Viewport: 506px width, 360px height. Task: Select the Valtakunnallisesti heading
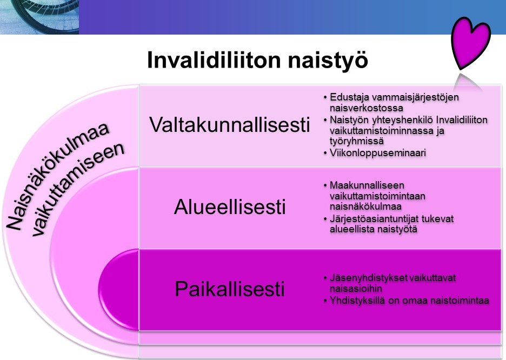point(230,125)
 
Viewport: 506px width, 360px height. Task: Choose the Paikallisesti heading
point(229,289)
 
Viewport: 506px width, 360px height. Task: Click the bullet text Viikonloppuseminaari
point(377,154)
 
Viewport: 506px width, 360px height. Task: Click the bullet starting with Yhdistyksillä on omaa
point(405,301)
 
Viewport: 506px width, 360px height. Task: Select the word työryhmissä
point(353,142)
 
